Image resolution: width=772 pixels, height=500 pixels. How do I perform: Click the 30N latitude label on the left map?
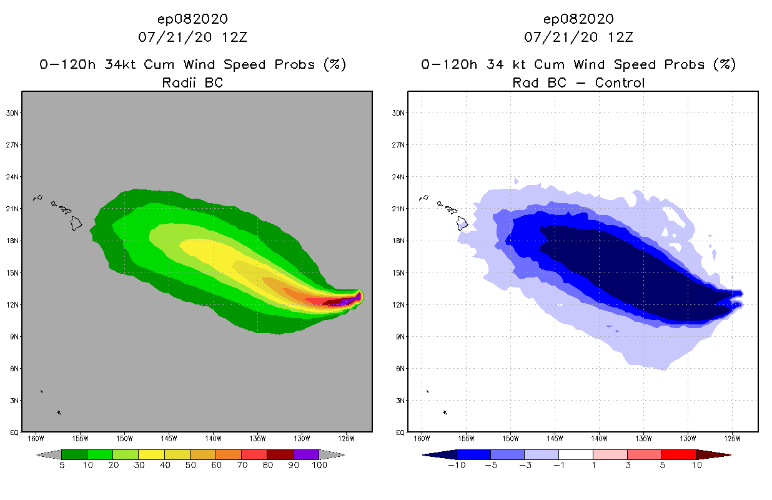click(13, 113)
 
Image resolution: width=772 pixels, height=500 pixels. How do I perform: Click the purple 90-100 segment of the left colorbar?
click(306, 454)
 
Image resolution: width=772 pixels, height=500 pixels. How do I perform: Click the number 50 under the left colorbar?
click(190, 465)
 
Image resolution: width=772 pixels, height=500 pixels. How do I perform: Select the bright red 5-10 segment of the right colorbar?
click(678, 454)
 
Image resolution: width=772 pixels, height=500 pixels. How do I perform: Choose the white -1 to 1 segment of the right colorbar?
click(575, 454)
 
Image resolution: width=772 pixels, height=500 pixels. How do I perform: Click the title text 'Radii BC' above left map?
click(192, 82)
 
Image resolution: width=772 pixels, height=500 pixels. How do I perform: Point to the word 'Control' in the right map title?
click(620, 82)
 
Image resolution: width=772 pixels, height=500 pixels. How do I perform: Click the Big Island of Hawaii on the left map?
click(76, 223)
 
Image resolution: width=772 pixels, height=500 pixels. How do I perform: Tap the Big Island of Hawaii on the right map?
click(463, 223)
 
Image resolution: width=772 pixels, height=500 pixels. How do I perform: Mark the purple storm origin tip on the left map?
click(359, 296)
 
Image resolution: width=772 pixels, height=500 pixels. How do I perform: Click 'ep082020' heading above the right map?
click(578, 19)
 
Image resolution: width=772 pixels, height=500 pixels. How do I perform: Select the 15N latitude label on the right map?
click(399, 272)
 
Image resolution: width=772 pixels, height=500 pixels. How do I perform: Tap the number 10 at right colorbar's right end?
click(696, 465)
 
